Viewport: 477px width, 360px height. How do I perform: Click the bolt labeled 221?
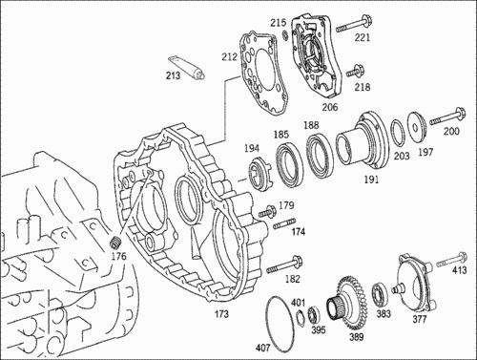click(x=354, y=26)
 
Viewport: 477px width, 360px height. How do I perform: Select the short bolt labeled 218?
click(x=355, y=72)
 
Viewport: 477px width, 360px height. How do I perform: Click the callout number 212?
click(x=230, y=57)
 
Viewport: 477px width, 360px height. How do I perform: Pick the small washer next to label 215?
click(x=285, y=35)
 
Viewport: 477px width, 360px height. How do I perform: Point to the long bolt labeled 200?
click(x=447, y=117)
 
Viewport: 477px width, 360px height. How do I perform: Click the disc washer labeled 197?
click(x=416, y=127)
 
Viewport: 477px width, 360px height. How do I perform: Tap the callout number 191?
click(x=371, y=180)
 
